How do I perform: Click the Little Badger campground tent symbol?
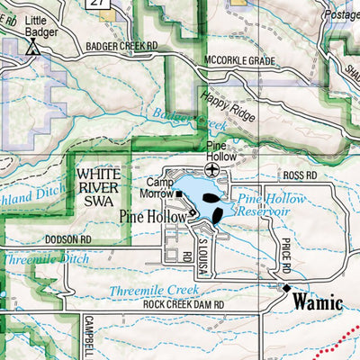pos(33,49)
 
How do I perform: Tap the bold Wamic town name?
pos(316,302)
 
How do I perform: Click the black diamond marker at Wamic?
pos(287,288)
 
